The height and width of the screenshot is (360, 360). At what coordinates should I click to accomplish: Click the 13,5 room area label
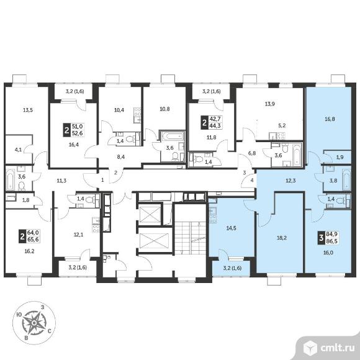click(28, 110)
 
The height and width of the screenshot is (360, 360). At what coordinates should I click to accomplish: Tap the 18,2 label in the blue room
click(281, 238)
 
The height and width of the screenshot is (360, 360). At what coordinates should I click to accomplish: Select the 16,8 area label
click(330, 119)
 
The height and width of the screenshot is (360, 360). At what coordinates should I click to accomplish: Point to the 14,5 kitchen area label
click(231, 228)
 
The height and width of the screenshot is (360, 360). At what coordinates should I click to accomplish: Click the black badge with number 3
click(321, 238)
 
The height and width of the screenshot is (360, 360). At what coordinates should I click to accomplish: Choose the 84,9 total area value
click(332, 235)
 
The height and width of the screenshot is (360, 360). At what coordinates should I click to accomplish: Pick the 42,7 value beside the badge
click(215, 119)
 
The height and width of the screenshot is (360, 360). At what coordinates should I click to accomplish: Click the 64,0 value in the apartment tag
click(33, 233)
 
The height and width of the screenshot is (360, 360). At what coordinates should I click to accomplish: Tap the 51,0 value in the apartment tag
click(78, 127)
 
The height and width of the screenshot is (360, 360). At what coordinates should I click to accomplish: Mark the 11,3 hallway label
click(61, 181)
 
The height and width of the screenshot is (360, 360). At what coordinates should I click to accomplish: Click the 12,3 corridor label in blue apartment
click(290, 181)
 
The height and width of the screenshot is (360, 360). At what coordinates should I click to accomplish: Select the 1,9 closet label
click(340, 158)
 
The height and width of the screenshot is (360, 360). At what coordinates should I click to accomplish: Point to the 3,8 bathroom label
click(333, 181)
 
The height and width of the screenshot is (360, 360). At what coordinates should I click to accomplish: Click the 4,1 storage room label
click(18, 150)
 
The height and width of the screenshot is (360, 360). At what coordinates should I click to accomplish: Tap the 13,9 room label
click(270, 104)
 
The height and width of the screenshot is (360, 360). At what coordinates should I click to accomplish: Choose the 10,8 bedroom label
click(164, 109)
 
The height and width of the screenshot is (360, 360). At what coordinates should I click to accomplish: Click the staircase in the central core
click(191, 238)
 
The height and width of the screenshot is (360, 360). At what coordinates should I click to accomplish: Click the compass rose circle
click(34, 323)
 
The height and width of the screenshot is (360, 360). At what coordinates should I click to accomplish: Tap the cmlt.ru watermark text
click(337, 348)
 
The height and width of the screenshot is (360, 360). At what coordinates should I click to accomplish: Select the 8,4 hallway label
click(120, 157)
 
